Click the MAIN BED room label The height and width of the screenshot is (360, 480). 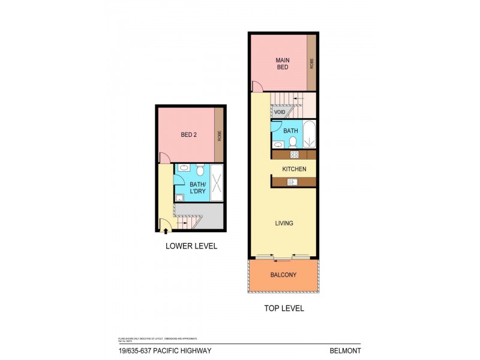point(282,64)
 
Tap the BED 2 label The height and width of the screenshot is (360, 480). point(188,135)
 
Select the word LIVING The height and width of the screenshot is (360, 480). point(284,223)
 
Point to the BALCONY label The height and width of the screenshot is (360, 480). point(283,275)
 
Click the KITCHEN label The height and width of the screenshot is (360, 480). point(294,169)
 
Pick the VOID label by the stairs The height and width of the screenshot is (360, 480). point(279,112)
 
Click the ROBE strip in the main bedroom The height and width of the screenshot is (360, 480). point(311,64)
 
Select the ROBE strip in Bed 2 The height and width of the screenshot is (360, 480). point(219,135)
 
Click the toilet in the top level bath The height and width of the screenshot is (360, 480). point(292,142)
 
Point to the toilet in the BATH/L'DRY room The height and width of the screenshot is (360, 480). point(200,170)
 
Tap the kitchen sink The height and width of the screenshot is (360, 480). point(292,182)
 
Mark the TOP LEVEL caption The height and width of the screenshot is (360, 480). point(283,308)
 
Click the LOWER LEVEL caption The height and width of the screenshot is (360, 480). point(191,246)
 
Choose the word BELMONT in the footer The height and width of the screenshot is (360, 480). point(346,350)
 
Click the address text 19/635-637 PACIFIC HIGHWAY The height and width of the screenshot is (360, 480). point(161,350)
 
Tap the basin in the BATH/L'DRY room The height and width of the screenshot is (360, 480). point(184,168)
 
